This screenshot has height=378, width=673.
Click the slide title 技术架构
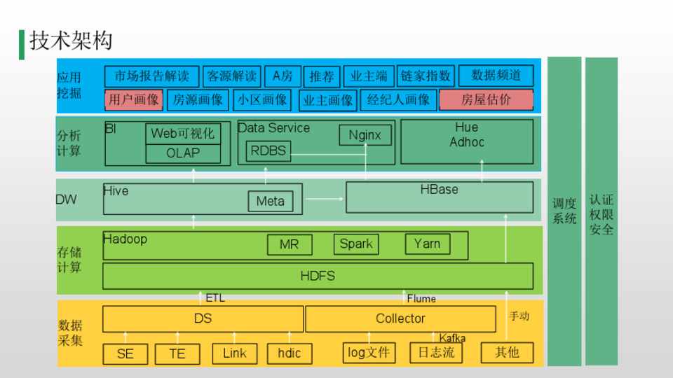point(70,41)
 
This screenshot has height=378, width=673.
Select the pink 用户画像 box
point(135,99)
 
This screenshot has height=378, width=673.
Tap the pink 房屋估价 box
point(486,99)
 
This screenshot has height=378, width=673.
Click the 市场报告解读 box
point(151,76)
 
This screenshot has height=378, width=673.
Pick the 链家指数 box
point(426,76)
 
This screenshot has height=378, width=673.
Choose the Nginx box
point(365,135)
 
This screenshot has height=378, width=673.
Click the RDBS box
point(268,150)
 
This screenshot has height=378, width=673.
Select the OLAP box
point(183,153)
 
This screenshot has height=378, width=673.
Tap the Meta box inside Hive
point(271,202)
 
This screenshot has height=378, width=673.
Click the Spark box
point(355,244)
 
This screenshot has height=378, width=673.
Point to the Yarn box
point(427,244)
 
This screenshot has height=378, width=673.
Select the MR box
point(289,245)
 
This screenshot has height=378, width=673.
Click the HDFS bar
point(318,276)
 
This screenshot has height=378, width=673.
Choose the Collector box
point(400,318)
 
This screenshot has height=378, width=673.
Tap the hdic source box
point(289,353)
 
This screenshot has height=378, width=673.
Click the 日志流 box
point(436,352)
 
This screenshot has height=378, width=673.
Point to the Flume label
point(421,299)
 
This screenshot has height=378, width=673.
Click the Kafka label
point(452,339)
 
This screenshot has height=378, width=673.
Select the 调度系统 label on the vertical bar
point(564,211)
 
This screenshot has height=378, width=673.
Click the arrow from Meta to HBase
point(324,199)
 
